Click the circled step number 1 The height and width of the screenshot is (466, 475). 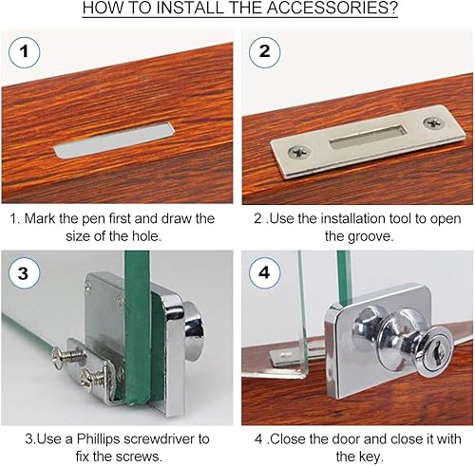coord(24,52)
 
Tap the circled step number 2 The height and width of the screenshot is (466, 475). coord(265,51)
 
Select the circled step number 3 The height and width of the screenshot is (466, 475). coord(24,273)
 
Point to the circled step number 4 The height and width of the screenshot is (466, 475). coord(265,272)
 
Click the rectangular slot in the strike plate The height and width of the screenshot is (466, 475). coord(369,137)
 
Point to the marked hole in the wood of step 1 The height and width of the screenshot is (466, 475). coord(114,140)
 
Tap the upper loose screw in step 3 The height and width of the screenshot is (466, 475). coord(68,357)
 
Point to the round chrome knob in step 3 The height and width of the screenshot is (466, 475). coord(194,331)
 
